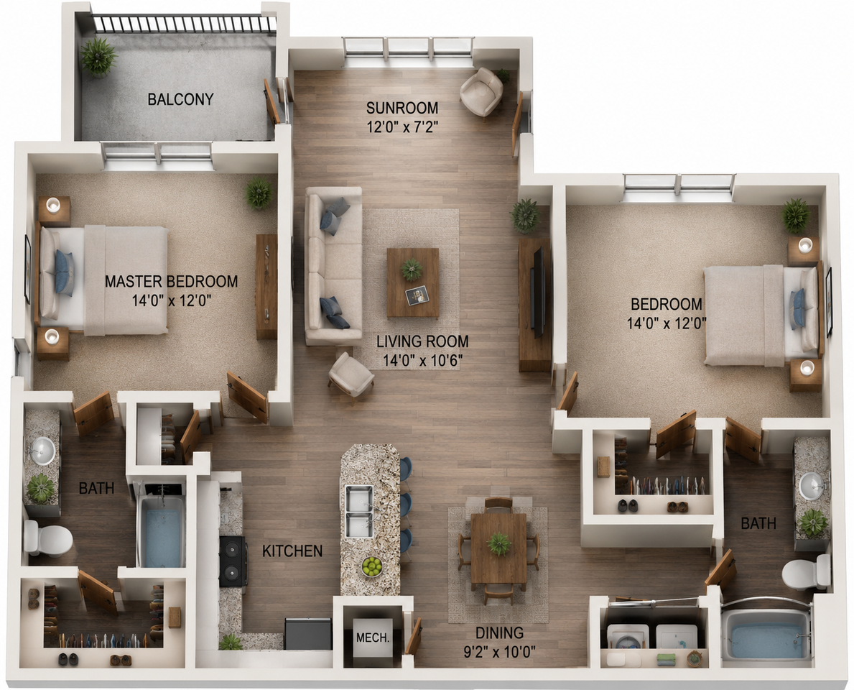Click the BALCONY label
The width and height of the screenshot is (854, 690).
(x=180, y=99)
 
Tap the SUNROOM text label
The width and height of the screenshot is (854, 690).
(x=402, y=107)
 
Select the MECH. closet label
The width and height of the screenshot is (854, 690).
(x=373, y=637)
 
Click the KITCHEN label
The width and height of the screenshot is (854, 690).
(x=292, y=551)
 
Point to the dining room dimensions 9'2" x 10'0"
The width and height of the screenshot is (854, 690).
(x=499, y=651)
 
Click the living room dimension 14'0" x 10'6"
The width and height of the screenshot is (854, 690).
(x=422, y=360)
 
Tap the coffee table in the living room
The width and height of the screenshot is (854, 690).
(x=413, y=283)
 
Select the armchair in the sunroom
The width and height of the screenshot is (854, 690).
(x=481, y=91)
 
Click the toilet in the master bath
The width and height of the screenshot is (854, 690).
(x=48, y=538)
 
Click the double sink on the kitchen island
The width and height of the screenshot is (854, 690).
(x=359, y=511)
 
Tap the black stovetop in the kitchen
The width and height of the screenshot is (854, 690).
(x=233, y=561)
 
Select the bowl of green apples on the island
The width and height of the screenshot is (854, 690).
(x=372, y=567)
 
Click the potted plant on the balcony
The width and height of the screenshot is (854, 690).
(x=98, y=56)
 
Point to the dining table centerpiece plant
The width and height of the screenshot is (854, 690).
(x=499, y=543)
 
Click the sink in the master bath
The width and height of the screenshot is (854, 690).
(x=42, y=451)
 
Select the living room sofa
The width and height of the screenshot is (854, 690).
(x=333, y=266)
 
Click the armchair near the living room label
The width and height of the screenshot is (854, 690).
(x=351, y=375)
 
